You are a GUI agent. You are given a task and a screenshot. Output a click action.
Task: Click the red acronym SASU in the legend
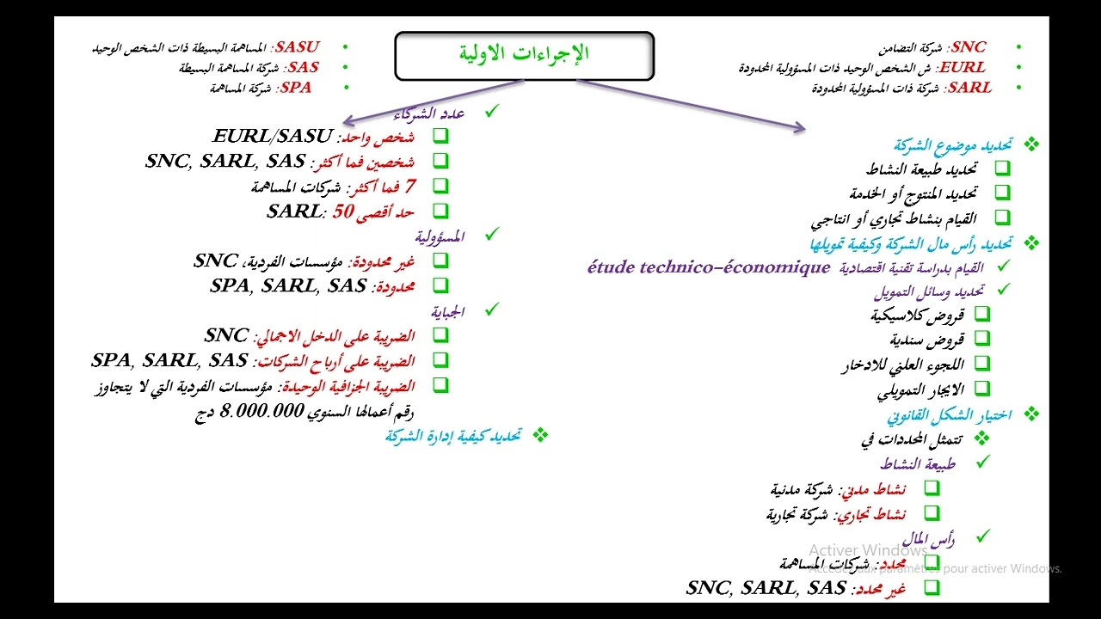click(x=298, y=46)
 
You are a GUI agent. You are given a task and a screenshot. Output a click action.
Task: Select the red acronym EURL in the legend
click(x=963, y=67)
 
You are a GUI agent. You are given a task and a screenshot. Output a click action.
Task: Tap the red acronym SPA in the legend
click(x=295, y=88)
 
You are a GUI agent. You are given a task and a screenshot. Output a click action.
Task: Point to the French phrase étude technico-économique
click(x=709, y=267)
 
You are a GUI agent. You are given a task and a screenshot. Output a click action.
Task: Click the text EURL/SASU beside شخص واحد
click(x=273, y=136)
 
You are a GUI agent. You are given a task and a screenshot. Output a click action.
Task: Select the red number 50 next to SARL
click(x=343, y=211)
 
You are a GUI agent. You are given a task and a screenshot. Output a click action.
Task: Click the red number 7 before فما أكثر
click(x=410, y=187)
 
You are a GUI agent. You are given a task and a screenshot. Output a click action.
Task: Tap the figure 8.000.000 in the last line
click(x=262, y=411)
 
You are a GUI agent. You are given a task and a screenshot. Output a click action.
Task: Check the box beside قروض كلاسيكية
click(x=982, y=314)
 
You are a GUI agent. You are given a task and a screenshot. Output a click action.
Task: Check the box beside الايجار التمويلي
click(x=982, y=388)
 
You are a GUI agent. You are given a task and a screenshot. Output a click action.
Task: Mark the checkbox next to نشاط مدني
click(x=932, y=487)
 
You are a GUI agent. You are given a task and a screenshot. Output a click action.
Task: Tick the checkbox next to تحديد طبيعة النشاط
click(x=1002, y=168)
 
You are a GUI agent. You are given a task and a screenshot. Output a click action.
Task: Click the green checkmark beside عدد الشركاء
click(x=492, y=111)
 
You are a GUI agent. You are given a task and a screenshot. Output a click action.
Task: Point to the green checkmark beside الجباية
click(x=492, y=309)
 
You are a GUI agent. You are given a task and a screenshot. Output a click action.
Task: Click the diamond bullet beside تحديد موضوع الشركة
click(x=1031, y=144)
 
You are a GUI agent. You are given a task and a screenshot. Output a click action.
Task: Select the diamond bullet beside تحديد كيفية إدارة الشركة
click(x=540, y=435)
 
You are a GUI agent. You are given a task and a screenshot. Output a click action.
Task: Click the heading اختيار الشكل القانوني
click(x=950, y=415)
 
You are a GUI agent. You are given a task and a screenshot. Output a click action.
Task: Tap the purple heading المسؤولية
click(x=440, y=236)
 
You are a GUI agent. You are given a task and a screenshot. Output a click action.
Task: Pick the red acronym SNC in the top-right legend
click(x=969, y=46)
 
